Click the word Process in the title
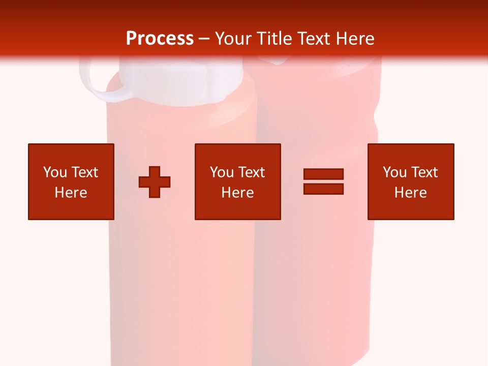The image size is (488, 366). (160, 39)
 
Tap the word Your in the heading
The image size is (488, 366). (233, 39)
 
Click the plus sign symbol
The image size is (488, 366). (155, 181)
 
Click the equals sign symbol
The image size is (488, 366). (323, 181)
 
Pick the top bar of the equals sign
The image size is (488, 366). (323, 174)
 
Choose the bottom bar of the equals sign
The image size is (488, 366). (323, 189)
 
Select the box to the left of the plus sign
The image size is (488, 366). (71, 181)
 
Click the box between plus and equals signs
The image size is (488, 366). (237, 181)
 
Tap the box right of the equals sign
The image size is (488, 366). (411, 181)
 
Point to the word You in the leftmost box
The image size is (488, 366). (54, 172)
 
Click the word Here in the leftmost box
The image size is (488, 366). (71, 193)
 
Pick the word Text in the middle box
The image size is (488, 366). (252, 172)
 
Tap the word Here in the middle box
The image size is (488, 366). (237, 193)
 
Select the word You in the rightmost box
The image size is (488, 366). (394, 172)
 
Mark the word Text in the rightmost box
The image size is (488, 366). (424, 172)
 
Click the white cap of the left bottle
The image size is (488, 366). (181, 81)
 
